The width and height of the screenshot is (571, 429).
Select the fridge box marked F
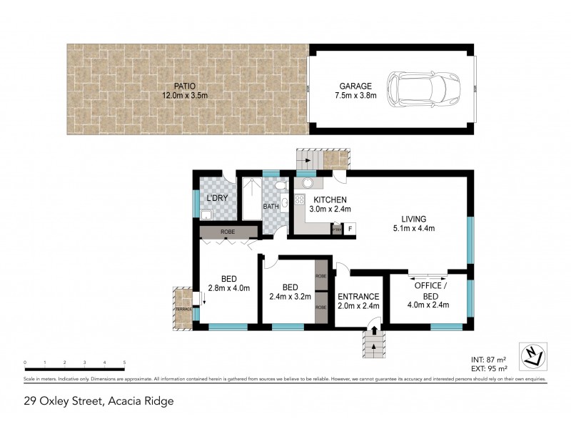tap(350, 229)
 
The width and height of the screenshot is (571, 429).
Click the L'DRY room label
tap(216, 198)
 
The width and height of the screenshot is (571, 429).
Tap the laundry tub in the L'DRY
tap(206, 214)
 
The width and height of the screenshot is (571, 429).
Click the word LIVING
tap(413, 219)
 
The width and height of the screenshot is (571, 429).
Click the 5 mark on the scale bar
tap(124, 363)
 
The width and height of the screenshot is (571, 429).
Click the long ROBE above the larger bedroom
tap(228, 232)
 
